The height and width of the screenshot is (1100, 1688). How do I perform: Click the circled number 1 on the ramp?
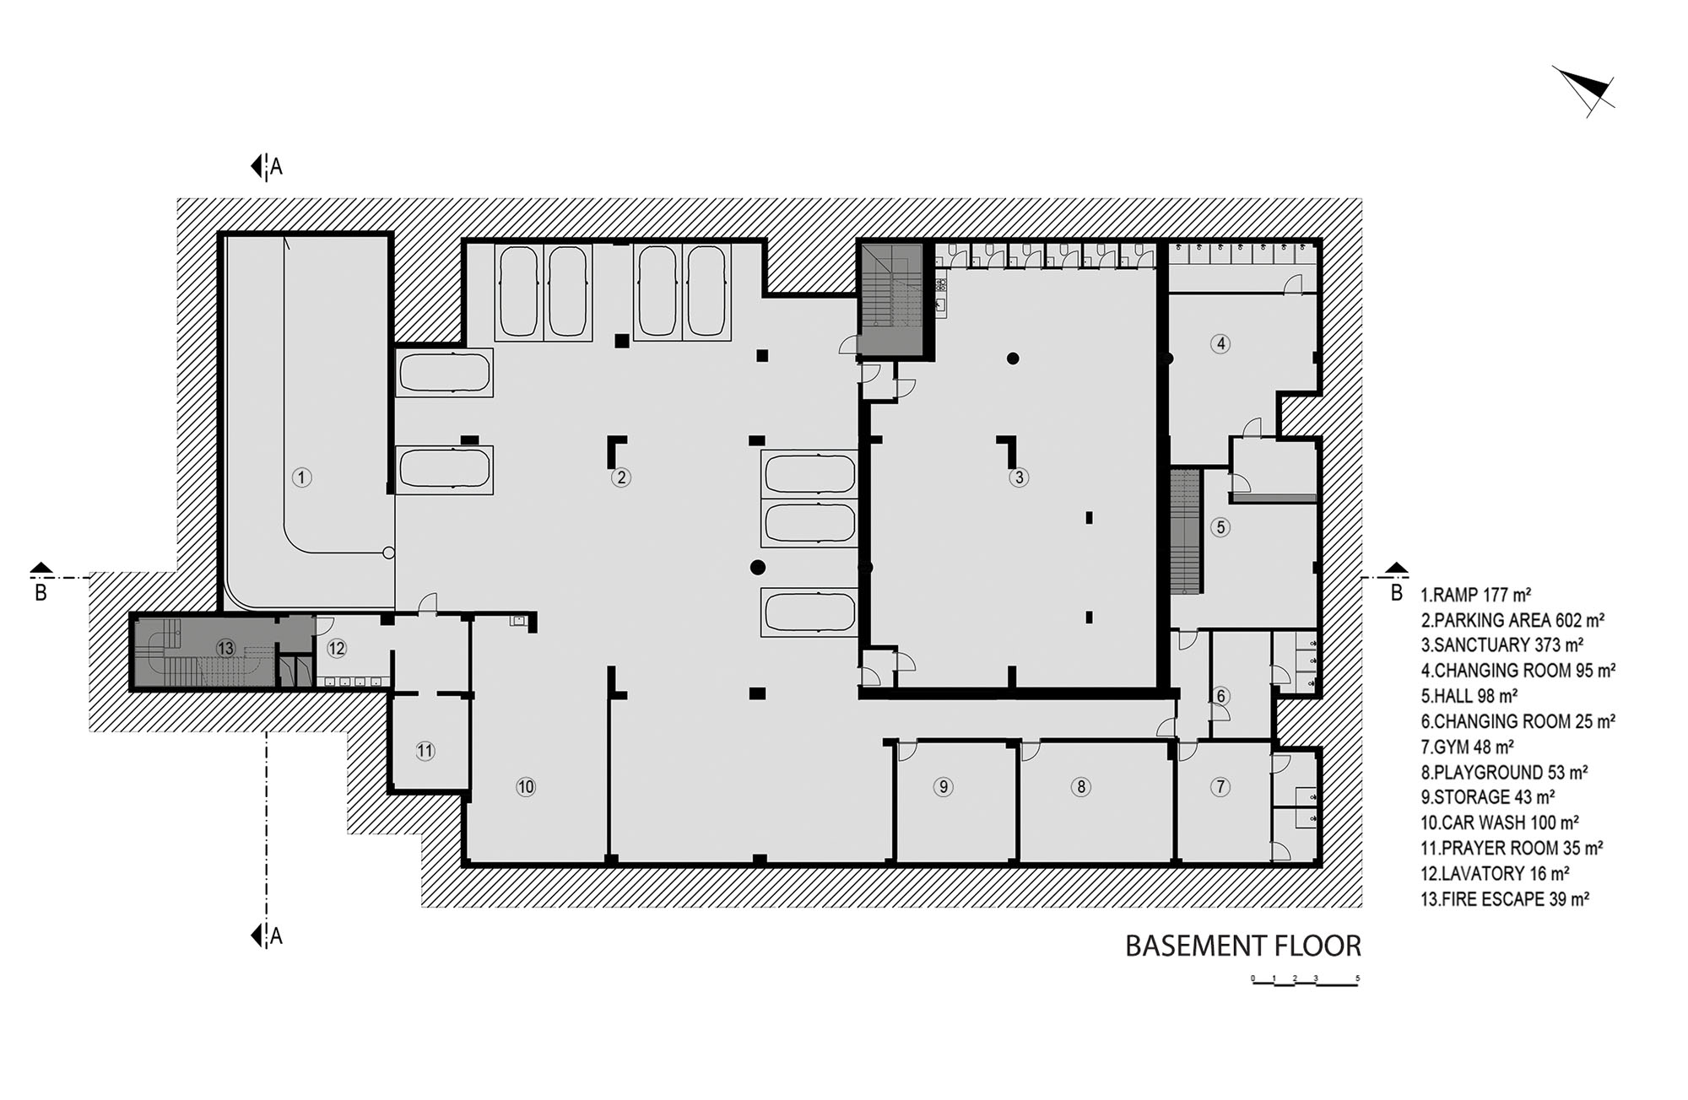[x=301, y=477]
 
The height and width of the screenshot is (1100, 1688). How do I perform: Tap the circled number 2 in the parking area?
[x=621, y=477]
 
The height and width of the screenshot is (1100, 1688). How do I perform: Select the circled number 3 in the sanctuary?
[x=1019, y=477]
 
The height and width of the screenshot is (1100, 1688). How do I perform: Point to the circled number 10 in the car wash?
[x=526, y=787]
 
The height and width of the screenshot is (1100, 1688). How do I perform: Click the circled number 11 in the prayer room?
[x=425, y=750]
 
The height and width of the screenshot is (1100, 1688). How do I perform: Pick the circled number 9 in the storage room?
[x=944, y=787]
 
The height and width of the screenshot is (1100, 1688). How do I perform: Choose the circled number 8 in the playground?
[x=1080, y=787]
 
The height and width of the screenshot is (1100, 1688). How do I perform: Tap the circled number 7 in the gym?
[x=1220, y=787]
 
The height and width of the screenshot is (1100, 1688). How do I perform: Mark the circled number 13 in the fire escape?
[x=225, y=648]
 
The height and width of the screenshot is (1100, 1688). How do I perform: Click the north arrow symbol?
[x=1585, y=91]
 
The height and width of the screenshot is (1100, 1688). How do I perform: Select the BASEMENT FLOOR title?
[x=1243, y=946]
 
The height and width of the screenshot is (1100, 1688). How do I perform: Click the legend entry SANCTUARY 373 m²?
[x=1502, y=645]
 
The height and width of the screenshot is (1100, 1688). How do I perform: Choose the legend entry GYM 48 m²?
[x=1468, y=747]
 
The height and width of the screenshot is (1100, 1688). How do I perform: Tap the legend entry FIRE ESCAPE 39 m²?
[x=1505, y=898]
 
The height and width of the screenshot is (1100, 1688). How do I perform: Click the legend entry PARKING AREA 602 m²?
[x=1512, y=620]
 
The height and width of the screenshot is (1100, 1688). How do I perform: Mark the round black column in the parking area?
[x=757, y=567]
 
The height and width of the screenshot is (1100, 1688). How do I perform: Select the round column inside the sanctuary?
[x=1013, y=359]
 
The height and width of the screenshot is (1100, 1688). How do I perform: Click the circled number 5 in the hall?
[x=1220, y=527]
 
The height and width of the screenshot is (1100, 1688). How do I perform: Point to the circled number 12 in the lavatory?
[x=337, y=648]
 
